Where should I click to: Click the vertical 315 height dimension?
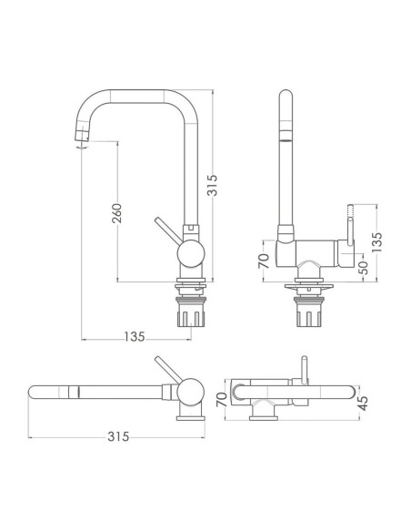212,185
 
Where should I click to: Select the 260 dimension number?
116,213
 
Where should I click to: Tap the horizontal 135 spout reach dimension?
135,336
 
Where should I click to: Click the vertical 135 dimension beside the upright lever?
376,242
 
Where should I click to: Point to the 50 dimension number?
363,268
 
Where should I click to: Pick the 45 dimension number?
363,403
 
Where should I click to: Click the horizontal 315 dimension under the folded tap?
118,436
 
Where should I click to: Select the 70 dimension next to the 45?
221,399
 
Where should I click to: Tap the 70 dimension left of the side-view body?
264,261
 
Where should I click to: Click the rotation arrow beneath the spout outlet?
82,147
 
